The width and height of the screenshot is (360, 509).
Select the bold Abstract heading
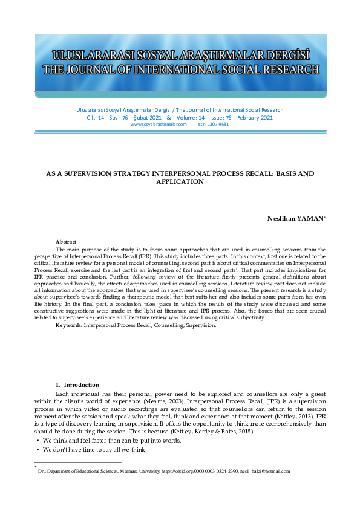(66, 241)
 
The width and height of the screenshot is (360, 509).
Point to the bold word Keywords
(68, 325)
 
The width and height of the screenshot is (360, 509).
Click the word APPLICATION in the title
(180, 181)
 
